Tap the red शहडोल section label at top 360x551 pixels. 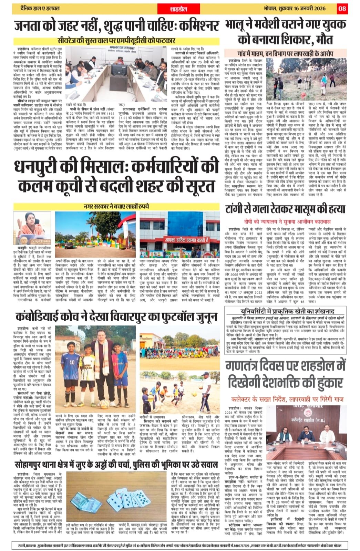178,9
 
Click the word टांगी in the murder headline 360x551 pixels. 238,209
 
